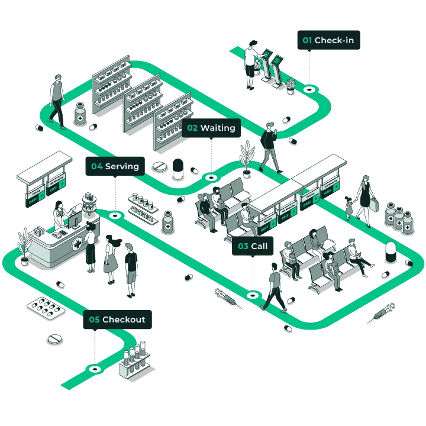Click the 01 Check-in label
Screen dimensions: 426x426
pyautogui.click(x=328, y=41)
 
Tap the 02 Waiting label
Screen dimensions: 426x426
pyautogui.click(x=211, y=128)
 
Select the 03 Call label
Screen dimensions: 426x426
pyautogui.click(x=253, y=246)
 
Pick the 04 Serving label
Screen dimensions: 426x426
pyautogui.click(x=115, y=167)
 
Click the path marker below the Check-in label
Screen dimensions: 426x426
pyautogui.click(x=308, y=89)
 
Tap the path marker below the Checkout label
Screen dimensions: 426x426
pyautogui.click(x=93, y=369)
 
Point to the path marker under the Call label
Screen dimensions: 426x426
pyautogui.click(x=253, y=294)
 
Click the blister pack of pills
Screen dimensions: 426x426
pyautogui.click(x=45, y=308)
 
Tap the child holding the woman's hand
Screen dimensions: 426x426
pyautogui.click(x=350, y=208)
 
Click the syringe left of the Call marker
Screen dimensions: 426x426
pyautogui.click(x=225, y=296)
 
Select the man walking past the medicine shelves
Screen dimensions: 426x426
pyautogui.click(x=57, y=100)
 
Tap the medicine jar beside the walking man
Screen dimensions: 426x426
pyautogui.click(x=80, y=114)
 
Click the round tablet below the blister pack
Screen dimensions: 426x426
pyautogui.click(x=54, y=340)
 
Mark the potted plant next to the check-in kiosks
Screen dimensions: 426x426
pyautogui.click(x=290, y=86)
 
